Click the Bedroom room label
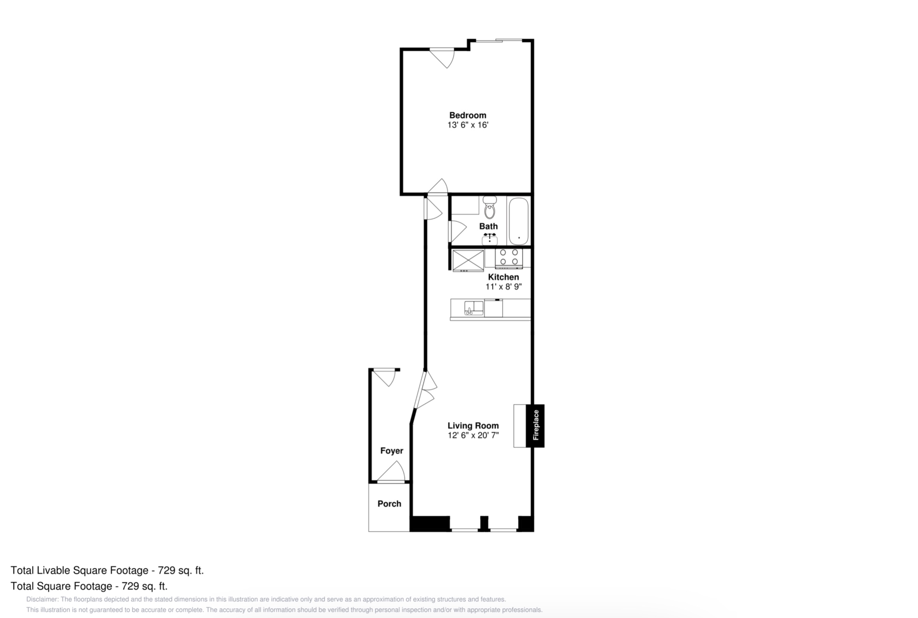468,115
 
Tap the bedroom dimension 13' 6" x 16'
468,125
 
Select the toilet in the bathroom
489,207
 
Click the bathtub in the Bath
519,221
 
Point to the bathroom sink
489,239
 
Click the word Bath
488,226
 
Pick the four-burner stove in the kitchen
508,258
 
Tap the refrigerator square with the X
468,261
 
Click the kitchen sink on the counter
473,308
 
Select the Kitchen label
503,277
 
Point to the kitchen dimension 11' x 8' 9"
503,286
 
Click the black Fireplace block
535,426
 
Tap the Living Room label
473,426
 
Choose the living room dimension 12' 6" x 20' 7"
473,435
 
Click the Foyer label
392,450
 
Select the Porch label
389,504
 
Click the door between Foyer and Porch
391,471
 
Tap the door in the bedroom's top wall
442,58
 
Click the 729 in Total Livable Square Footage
166,570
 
